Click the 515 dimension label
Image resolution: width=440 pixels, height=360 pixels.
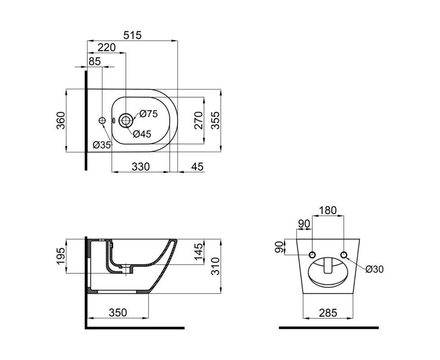click(133, 35)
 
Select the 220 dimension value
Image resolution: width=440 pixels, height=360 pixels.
click(106, 47)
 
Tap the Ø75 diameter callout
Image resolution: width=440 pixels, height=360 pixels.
click(148, 114)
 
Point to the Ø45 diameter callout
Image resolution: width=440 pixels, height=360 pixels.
click(142, 134)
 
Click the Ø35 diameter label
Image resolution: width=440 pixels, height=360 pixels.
click(102, 145)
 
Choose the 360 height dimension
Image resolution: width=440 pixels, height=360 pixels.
click(61, 120)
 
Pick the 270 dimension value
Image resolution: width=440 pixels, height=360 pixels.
click(198, 120)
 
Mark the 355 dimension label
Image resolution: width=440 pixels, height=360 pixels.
click(215, 120)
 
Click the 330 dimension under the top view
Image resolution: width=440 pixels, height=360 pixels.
click(141, 166)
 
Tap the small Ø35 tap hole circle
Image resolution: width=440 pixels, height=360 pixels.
click(102, 120)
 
